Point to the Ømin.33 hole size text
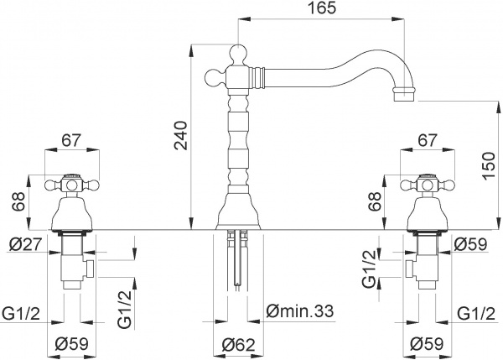pos(298,311)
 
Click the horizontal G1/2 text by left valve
pos(22,311)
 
